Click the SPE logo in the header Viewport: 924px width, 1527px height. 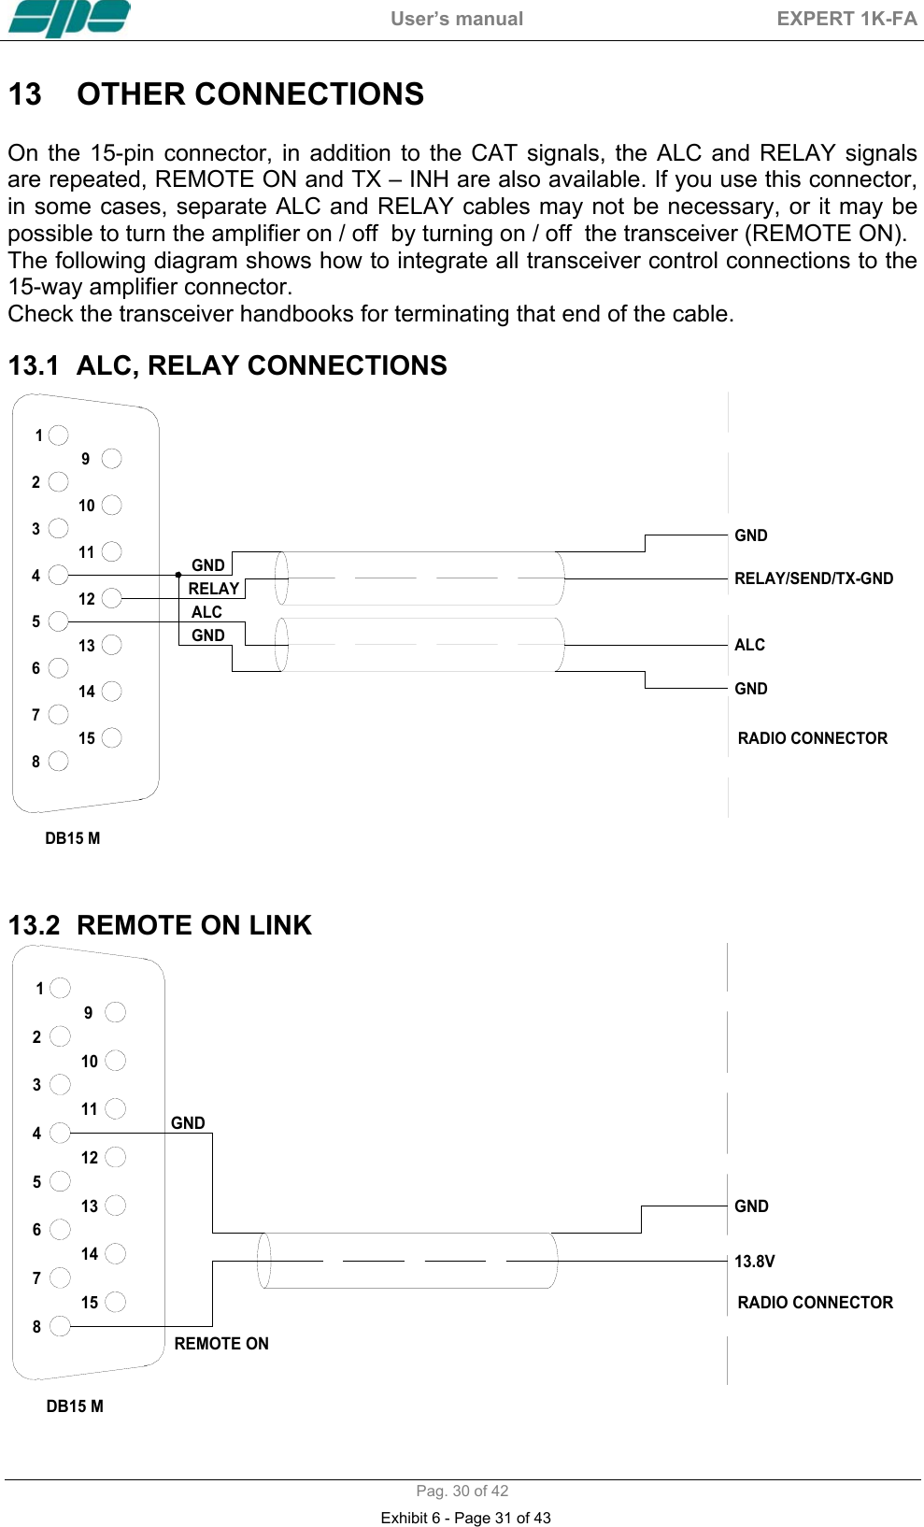click(69, 19)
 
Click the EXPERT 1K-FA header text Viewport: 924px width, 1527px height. click(846, 19)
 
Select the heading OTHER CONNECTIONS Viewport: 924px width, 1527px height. click(250, 94)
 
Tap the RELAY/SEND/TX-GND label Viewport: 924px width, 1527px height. click(813, 578)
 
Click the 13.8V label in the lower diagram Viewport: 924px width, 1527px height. click(754, 1262)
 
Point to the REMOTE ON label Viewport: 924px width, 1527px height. click(221, 1344)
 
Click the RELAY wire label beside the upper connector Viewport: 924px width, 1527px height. click(214, 589)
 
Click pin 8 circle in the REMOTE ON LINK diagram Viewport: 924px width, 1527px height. click(60, 1326)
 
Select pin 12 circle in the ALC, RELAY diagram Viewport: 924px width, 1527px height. click(112, 598)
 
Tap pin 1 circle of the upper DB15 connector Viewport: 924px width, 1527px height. click(59, 435)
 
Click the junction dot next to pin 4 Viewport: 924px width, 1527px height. click(178, 575)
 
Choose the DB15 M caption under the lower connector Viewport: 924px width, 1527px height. click(75, 1406)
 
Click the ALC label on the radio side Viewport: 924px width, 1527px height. click(749, 645)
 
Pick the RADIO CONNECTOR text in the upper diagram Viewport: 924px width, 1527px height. click(812, 738)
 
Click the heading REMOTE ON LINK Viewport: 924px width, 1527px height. click(194, 925)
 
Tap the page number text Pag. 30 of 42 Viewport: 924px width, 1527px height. click(462, 1491)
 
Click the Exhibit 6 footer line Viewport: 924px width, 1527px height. click(465, 1518)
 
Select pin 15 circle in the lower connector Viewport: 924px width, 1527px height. click(116, 1302)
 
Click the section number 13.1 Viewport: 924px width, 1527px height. click(34, 365)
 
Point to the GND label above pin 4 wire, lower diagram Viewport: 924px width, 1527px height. click(188, 1123)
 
